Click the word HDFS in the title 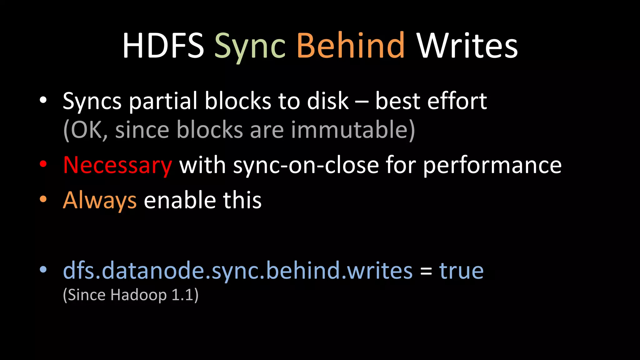click(163, 46)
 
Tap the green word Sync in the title click(250, 47)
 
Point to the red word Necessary click(117, 165)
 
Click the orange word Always click(100, 200)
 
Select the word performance click(492, 165)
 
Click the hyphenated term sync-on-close click(306, 165)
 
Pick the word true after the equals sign click(461, 271)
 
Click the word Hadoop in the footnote click(138, 295)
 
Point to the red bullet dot click(43, 164)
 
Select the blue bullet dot click(43, 269)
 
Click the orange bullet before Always click(43, 199)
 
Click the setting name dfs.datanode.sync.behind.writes click(237, 271)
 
